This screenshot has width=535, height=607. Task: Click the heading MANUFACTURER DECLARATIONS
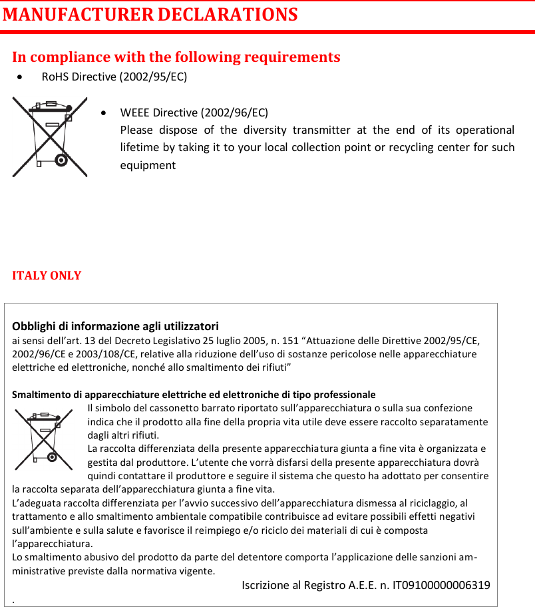150,14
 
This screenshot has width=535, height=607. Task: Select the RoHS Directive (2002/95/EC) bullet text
114,77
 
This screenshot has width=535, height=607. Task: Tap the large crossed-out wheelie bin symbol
50,136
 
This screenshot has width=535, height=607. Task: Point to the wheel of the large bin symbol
61,160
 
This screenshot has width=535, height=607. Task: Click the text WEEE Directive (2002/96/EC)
194,112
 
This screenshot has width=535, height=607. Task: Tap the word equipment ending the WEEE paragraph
148,164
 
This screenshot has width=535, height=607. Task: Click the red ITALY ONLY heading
47,276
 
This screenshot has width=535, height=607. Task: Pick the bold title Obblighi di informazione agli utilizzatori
116,326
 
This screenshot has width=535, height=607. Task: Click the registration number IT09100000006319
442,585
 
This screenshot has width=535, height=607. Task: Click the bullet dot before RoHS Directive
24,77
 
